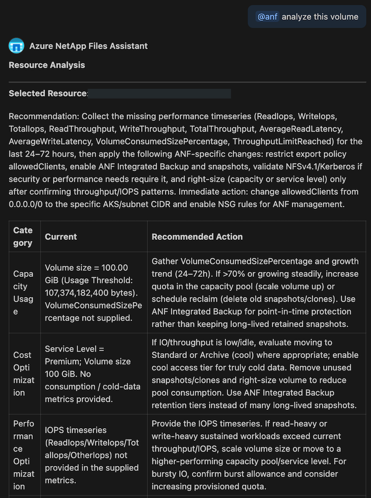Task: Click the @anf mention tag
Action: click(267, 17)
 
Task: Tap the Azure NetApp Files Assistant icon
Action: click(16, 46)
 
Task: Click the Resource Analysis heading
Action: click(47, 65)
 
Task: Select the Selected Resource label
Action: click(48, 94)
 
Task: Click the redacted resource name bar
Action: click(160, 94)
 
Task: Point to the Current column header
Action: click(61, 237)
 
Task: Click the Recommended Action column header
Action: click(197, 237)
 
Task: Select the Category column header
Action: click(23, 237)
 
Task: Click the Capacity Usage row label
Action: click(23, 293)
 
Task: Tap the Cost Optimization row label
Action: click(23, 374)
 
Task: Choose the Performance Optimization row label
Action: click(23, 455)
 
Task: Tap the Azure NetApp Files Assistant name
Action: click(88, 46)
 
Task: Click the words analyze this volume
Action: click(320, 17)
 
